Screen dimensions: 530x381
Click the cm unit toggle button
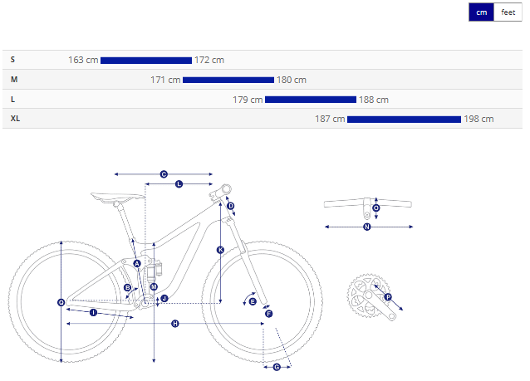point(481,12)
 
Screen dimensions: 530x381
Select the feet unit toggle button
point(508,12)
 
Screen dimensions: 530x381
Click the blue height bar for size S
point(146,61)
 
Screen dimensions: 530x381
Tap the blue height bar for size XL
point(404,120)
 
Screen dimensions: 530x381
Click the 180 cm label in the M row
point(292,80)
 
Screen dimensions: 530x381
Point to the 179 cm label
point(248,100)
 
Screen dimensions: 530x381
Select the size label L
point(12,100)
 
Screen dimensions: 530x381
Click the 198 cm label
point(478,119)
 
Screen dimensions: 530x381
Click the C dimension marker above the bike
point(164,174)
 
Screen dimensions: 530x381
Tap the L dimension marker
point(179,184)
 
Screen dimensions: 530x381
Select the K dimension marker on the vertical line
point(220,250)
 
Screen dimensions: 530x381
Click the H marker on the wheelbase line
point(175,324)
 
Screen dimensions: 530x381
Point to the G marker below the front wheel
point(277,367)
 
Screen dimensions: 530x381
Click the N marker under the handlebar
point(367,227)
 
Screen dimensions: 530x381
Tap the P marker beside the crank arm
point(388,297)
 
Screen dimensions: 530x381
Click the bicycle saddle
point(116,198)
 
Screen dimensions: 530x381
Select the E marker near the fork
point(253,301)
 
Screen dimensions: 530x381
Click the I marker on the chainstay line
point(94,313)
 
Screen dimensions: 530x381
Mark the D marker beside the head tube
point(231,206)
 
